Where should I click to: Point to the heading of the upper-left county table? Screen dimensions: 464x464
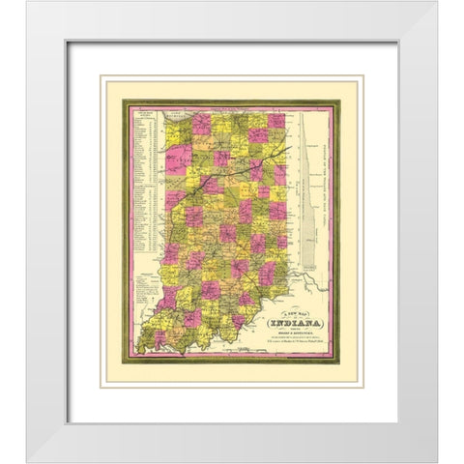pos(140,116)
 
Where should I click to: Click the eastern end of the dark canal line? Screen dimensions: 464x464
pos(286,148)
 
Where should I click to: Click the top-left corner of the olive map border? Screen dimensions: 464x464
pos(122,102)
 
